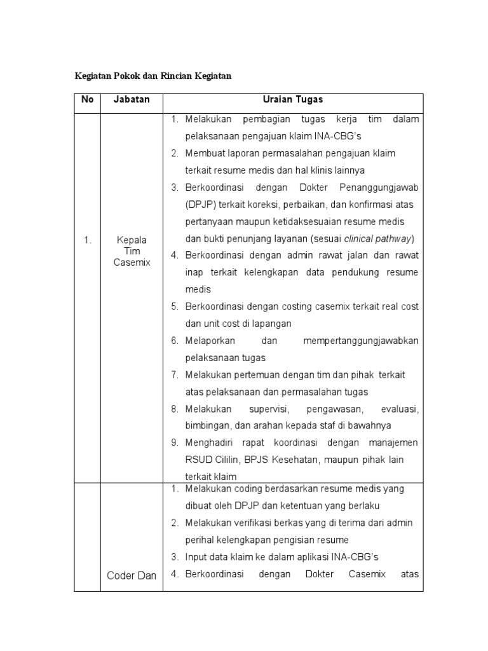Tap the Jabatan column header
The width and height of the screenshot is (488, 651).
(x=132, y=100)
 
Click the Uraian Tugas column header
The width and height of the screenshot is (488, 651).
(x=292, y=100)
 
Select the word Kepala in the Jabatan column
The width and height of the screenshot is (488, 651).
(x=132, y=240)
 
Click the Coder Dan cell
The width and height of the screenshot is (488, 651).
(x=132, y=575)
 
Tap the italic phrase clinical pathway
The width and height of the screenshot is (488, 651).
(x=377, y=239)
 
